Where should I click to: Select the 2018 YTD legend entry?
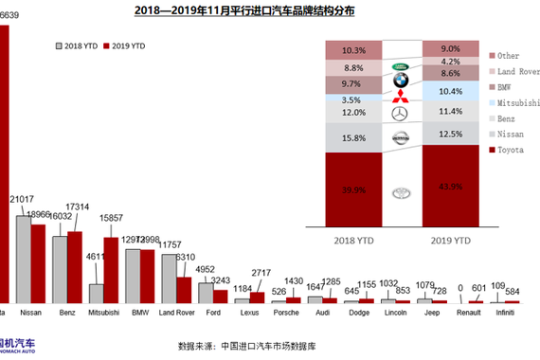[x=80, y=45]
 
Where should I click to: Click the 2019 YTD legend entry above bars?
[x=125, y=45]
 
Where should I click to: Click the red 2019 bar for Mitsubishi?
[x=111, y=269]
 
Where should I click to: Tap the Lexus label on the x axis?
[x=249, y=310]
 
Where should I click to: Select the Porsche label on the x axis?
[x=286, y=310]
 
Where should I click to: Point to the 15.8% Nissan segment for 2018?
[x=352, y=138]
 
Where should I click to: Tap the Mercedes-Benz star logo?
[x=399, y=113]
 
